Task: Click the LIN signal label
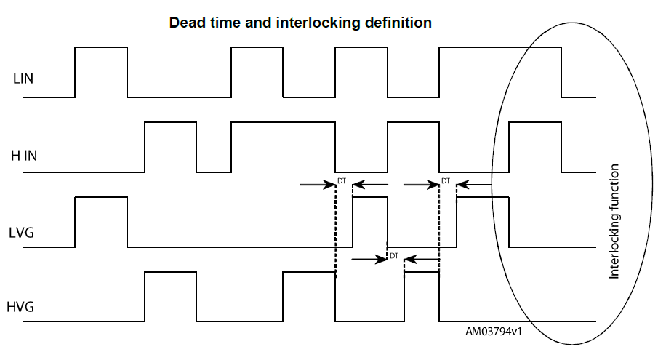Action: click(x=23, y=79)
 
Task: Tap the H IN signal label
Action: click(x=25, y=155)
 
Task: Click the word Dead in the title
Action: click(x=185, y=23)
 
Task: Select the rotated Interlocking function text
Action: click(x=614, y=222)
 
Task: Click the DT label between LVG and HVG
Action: click(x=394, y=255)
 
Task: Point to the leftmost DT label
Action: click(x=342, y=180)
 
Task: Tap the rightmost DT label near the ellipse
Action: click(x=446, y=180)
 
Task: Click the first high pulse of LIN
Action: click(x=101, y=71)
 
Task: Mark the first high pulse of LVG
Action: click(x=101, y=221)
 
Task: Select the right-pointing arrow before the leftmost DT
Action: click(x=316, y=185)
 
